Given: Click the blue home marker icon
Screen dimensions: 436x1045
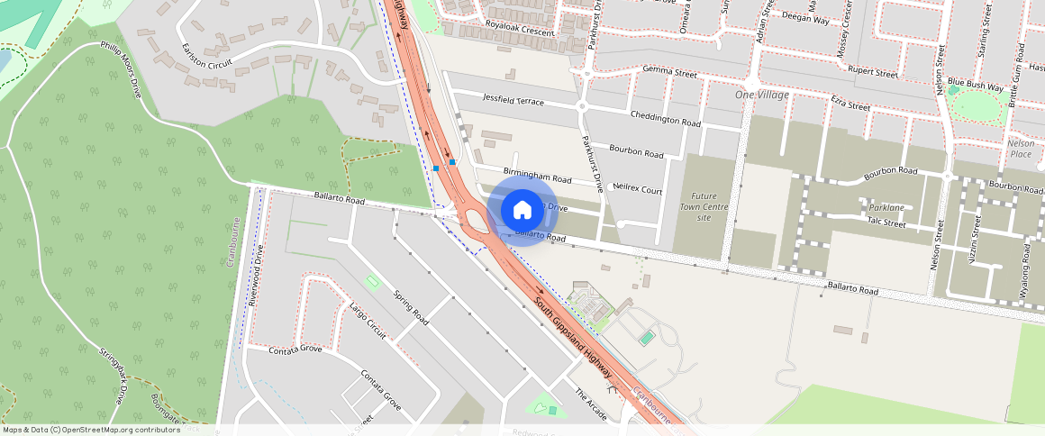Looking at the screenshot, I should (x=522, y=210).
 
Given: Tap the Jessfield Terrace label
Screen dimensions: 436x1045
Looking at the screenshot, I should (x=513, y=99).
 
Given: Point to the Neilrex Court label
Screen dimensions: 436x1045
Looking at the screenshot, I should (x=637, y=191).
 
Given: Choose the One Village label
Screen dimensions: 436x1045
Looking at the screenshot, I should (x=761, y=95).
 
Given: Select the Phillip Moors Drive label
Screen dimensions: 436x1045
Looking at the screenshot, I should (x=121, y=68).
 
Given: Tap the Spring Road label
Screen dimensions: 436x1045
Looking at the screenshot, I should (x=410, y=307).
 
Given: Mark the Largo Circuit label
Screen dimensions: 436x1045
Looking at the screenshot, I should (x=367, y=321).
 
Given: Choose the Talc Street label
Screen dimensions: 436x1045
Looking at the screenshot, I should (x=886, y=221).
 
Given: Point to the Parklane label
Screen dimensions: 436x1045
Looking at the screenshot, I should (x=886, y=207).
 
